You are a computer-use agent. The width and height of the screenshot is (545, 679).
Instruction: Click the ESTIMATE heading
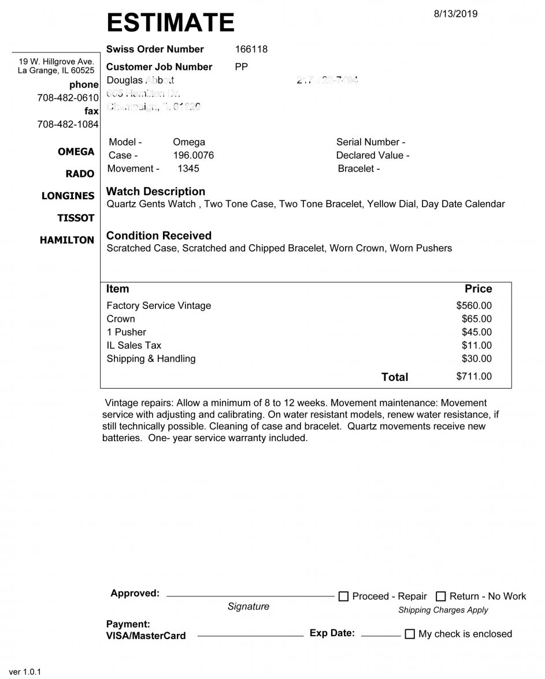pos(170,23)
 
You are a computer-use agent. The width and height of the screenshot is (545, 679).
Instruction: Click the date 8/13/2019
pos(455,14)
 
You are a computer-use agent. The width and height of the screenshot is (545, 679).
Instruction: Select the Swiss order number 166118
pos(251,49)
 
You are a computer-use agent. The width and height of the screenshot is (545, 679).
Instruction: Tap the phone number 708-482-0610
pos(68,98)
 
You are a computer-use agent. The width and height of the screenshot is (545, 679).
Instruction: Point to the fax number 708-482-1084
pos(68,124)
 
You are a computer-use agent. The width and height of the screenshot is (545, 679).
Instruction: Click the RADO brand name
pos(80,174)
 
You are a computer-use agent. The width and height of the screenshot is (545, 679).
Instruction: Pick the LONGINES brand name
pos(68,196)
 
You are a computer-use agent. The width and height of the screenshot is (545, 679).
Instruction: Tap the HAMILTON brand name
pos(67,240)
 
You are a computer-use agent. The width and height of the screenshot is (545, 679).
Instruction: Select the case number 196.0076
pos(194,155)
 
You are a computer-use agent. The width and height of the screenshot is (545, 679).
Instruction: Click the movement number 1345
pos(188,169)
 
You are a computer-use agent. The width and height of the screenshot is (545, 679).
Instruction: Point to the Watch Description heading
pos(156,191)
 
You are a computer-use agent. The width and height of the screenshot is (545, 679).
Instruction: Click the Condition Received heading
pos(159,236)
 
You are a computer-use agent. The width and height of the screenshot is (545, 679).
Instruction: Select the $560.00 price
pos(474,305)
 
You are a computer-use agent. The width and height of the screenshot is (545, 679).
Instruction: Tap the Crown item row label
pos(121,319)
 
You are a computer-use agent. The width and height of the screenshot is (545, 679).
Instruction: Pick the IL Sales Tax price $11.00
pos(477,345)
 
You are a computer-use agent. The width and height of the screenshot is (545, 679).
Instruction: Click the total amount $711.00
pos(474,376)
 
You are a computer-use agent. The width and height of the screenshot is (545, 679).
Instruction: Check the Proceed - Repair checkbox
pos(343,596)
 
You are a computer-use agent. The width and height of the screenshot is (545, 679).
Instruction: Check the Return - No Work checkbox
pos(441,596)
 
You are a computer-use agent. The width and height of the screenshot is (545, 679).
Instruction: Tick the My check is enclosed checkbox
pos(410,634)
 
